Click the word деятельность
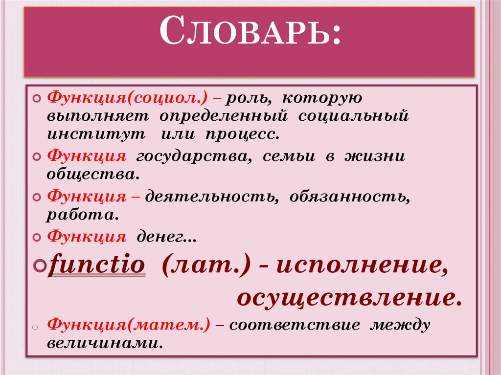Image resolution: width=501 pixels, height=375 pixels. pyautogui.click(x=211, y=197)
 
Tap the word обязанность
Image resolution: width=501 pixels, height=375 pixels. pyautogui.click(x=349, y=197)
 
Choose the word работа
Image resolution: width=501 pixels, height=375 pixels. pyautogui.click(x=82, y=214)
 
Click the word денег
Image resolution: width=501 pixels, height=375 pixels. pyautogui.click(x=164, y=237)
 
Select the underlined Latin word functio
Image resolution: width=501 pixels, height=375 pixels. pyautogui.click(x=97, y=266)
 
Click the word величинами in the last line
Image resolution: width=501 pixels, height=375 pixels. pyautogui.click(x=104, y=342)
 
